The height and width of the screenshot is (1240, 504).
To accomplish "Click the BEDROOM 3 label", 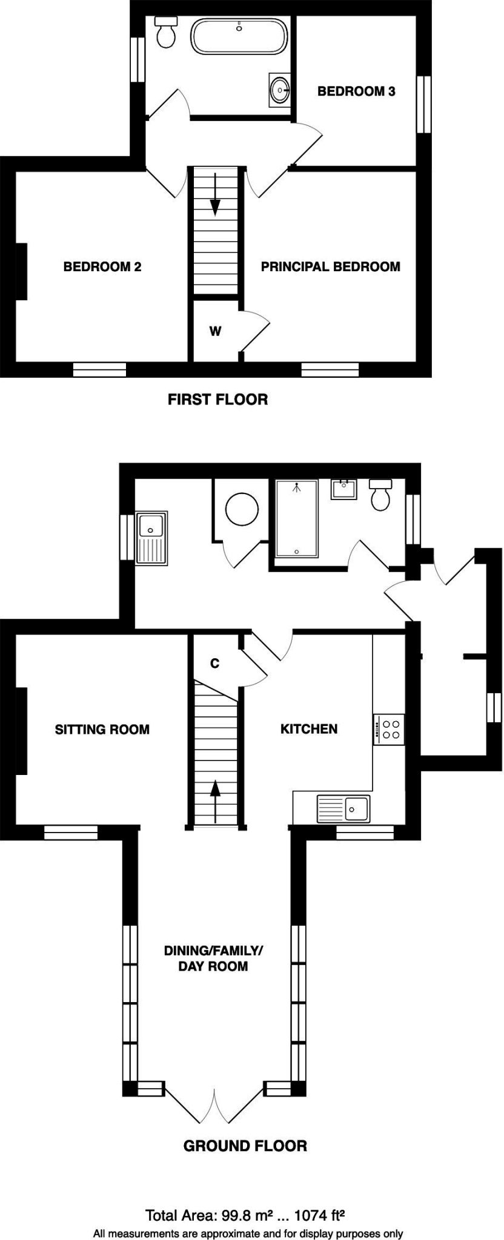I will pyautogui.click(x=356, y=91).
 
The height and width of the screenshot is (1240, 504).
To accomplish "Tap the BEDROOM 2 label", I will pyautogui.click(x=102, y=266).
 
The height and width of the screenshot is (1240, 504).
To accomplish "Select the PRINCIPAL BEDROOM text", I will pyautogui.click(x=330, y=266).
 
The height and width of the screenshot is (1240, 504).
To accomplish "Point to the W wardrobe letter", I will pyautogui.click(x=215, y=331).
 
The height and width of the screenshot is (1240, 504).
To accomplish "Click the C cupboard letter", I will pyautogui.click(x=214, y=664).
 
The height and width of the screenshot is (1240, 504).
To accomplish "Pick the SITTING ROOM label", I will pyautogui.click(x=102, y=729).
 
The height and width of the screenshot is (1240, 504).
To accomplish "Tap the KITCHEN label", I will pyautogui.click(x=308, y=728).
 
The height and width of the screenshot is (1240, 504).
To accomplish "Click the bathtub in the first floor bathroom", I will pyautogui.click(x=239, y=36).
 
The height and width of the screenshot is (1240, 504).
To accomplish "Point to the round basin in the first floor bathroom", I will pyautogui.click(x=280, y=91).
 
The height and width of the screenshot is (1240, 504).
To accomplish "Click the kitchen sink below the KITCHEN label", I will pyautogui.click(x=343, y=809).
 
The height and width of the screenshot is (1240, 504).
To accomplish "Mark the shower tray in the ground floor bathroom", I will pyautogui.click(x=296, y=518).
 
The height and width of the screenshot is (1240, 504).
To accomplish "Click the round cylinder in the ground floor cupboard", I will pyautogui.click(x=242, y=509).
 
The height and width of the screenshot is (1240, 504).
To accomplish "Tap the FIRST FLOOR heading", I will pyautogui.click(x=217, y=400).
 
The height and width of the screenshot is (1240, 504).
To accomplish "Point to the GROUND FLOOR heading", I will pyautogui.click(x=245, y=1146).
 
